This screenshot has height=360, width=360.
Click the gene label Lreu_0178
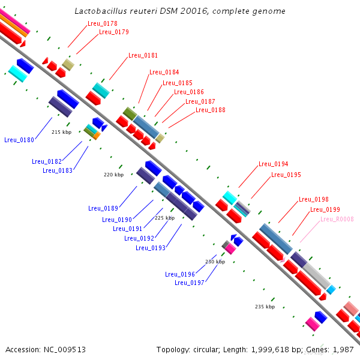tap(103, 23)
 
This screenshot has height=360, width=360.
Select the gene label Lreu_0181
tap(143, 55)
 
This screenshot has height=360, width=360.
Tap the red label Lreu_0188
tap(211, 110)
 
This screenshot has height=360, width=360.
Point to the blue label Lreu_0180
tap(19, 140)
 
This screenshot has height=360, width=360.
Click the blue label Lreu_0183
tap(58, 170)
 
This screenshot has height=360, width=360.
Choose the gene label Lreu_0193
tap(151, 248)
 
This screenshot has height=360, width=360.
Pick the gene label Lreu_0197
tap(190, 283)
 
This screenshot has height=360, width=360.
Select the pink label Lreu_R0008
tap(337, 219)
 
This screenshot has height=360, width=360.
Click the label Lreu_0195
tap(286, 175)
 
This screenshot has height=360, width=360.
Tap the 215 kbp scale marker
tap(61, 132)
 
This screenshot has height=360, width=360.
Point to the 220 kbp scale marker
tap(113, 175)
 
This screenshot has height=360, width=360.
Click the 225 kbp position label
tap(164, 218)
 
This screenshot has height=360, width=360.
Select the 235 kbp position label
tap(265, 307)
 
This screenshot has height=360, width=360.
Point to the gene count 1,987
tap(343, 349)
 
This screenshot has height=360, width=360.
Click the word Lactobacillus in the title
tap(104, 11)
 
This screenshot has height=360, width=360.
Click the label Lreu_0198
tap(314, 199)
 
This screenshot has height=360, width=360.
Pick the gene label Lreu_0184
tap(164, 72)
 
